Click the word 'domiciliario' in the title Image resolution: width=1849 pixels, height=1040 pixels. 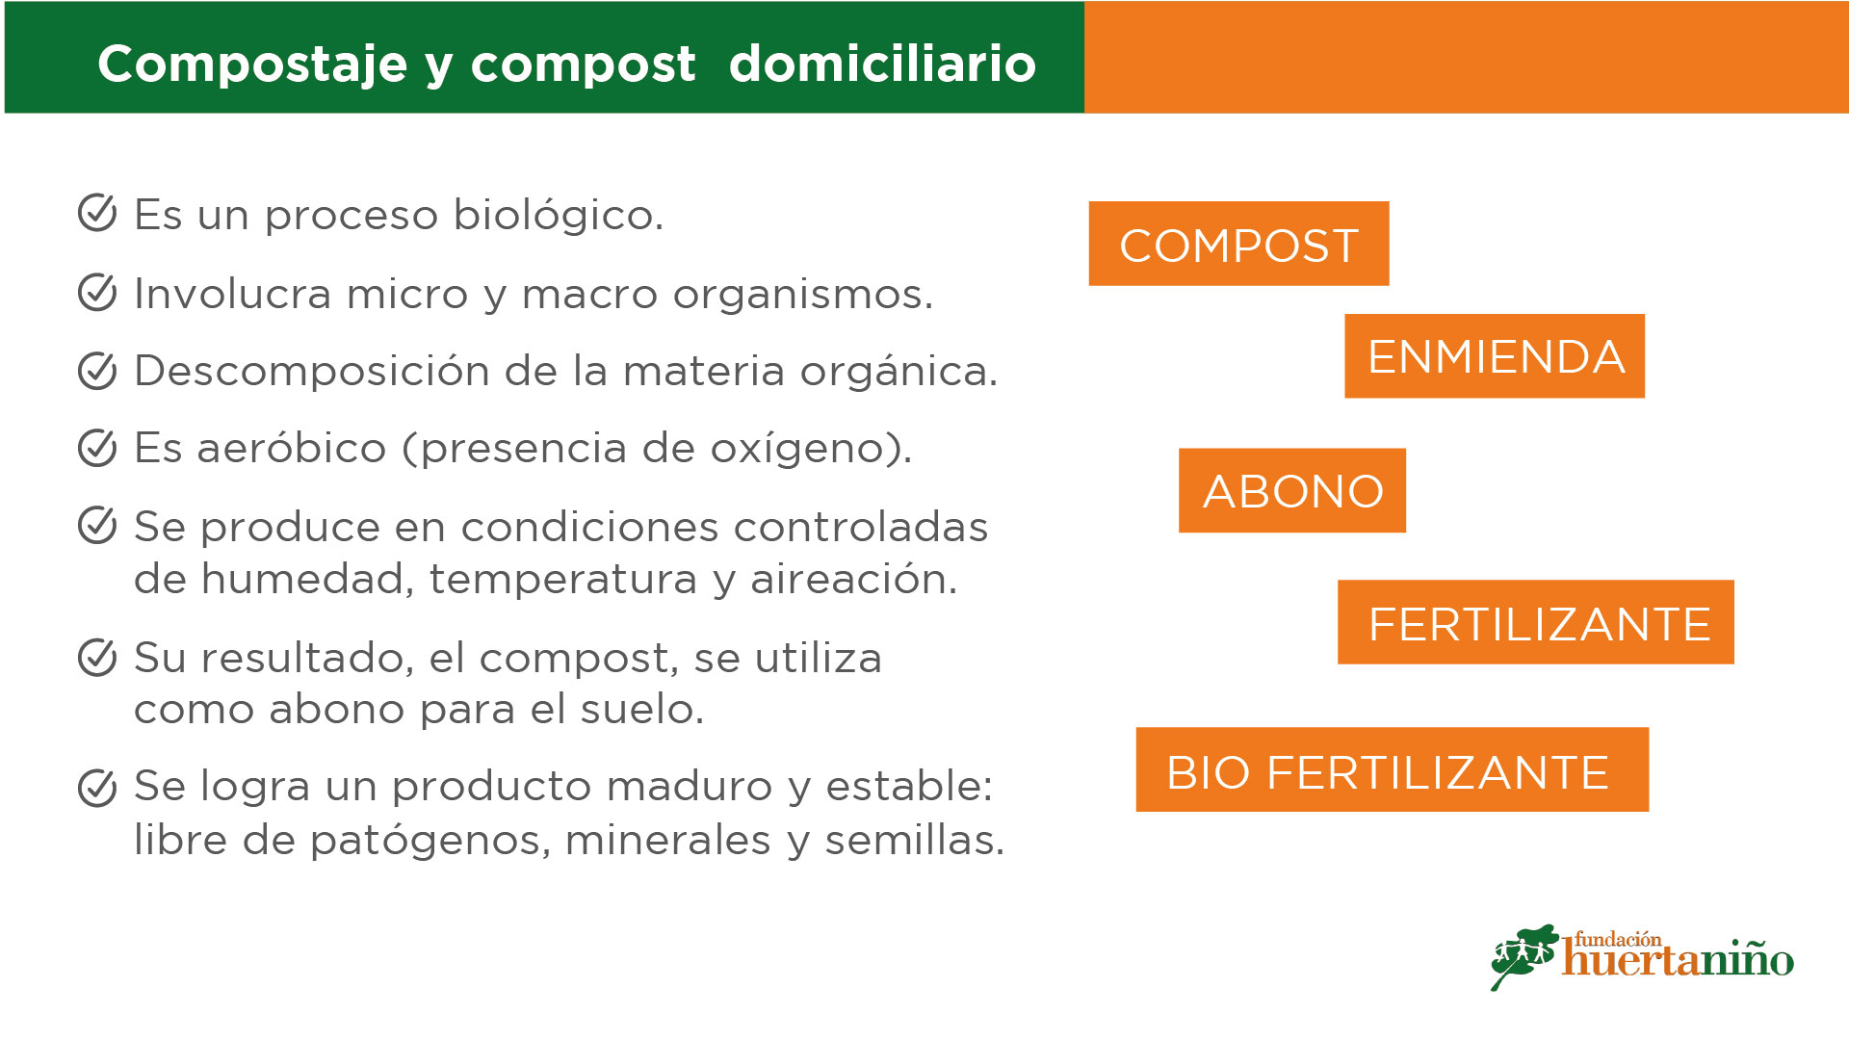pyautogui.click(x=882, y=64)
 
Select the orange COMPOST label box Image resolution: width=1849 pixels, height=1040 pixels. pyautogui.click(x=1238, y=244)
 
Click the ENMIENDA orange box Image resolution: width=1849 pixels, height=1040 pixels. pyautogui.click(x=1495, y=355)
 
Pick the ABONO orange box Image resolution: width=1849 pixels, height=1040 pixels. pyautogui.click(x=1292, y=490)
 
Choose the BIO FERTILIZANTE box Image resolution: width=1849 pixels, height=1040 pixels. pyautogui.click(x=1393, y=769)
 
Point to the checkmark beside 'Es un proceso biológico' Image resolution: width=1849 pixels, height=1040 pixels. pyautogui.click(x=97, y=213)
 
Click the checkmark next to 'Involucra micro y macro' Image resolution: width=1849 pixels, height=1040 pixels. pyautogui.click(x=97, y=292)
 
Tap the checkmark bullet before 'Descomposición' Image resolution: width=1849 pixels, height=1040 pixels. pyautogui.click(x=97, y=370)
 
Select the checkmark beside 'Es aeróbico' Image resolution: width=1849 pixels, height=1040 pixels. pyautogui.click(x=97, y=447)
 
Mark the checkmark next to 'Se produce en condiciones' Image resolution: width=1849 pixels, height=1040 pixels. pyautogui.click(x=97, y=525)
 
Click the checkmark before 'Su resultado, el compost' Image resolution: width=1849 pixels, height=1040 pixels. pyautogui.click(x=97, y=657)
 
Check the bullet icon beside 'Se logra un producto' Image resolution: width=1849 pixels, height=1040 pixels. pyautogui.click(x=97, y=787)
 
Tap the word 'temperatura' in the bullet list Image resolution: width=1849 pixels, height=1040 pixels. pyautogui.click(x=562, y=580)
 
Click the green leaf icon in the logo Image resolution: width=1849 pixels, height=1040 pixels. pyautogui.click(x=1524, y=955)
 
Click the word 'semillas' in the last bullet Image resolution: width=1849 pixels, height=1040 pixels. pyautogui.click(x=909, y=840)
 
